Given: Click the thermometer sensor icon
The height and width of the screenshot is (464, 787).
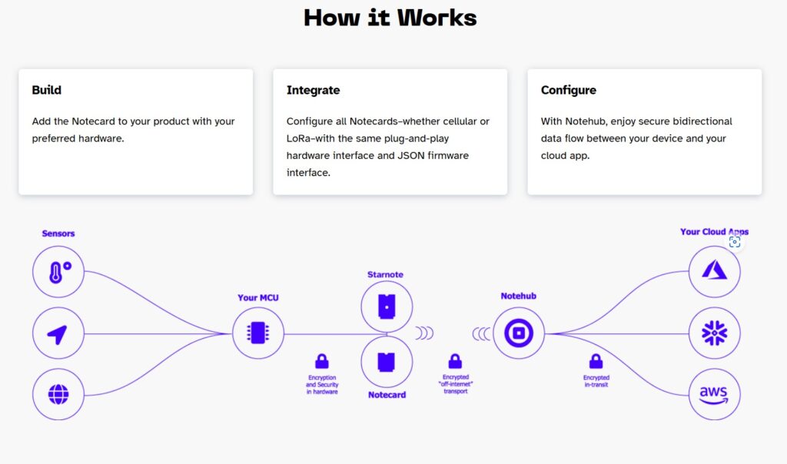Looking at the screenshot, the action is click(x=58, y=272).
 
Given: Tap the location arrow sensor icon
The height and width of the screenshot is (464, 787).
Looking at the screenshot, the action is click(x=58, y=333).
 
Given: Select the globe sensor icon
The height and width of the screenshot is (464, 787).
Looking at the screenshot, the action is click(x=58, y=394).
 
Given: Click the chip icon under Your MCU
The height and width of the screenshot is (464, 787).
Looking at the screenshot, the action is click(x=258, y=333).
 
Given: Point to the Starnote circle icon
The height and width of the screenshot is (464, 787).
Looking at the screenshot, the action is click(x=387, y=307).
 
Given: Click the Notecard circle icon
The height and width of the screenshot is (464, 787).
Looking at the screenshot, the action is click(x=387, y=362).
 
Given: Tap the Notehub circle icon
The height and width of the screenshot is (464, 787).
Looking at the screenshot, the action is click(x=519, y=333).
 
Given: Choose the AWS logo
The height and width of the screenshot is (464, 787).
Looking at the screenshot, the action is click(x=714, y=394).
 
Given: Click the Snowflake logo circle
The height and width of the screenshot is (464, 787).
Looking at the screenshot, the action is click(x=714, y=333).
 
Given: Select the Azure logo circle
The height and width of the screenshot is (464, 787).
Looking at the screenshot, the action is click(x=714, y=272).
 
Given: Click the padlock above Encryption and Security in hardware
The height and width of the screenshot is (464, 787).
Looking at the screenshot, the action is click(x=322, y=361).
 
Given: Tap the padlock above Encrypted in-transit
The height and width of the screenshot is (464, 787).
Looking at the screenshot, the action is click(x=596, y=361).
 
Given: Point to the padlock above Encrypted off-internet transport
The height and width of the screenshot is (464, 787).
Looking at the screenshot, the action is click(x=455, y=361).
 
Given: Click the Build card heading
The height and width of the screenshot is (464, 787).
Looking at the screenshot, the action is click(x=47, y=91).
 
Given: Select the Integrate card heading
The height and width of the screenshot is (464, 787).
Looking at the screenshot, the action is click(x=314, y=91).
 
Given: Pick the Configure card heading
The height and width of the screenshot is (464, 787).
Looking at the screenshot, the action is click(x=569, y=91).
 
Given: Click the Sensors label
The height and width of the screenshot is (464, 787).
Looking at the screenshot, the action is click(x=58, y=234).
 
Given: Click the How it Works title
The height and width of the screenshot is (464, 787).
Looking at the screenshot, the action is click(x=390, y=18).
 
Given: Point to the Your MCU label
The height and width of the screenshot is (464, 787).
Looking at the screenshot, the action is click(x=258, y=297).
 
